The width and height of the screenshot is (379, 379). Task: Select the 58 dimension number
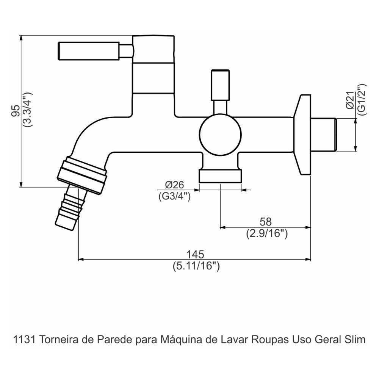[x=266, y=222]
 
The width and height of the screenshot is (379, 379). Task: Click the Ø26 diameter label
[x=174, y=185]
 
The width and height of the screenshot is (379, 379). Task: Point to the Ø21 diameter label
[x=350, y=101]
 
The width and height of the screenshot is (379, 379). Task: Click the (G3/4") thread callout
[x=174, y=196]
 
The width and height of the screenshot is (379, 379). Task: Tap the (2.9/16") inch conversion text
[x=266, y=234]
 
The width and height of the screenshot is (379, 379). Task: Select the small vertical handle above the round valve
[x=221, y=85]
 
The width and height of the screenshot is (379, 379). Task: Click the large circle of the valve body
[x=221, y=135]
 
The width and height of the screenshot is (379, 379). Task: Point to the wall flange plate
[x=303, y=135]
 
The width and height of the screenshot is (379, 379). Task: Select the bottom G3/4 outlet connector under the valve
[x=220, y=176]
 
